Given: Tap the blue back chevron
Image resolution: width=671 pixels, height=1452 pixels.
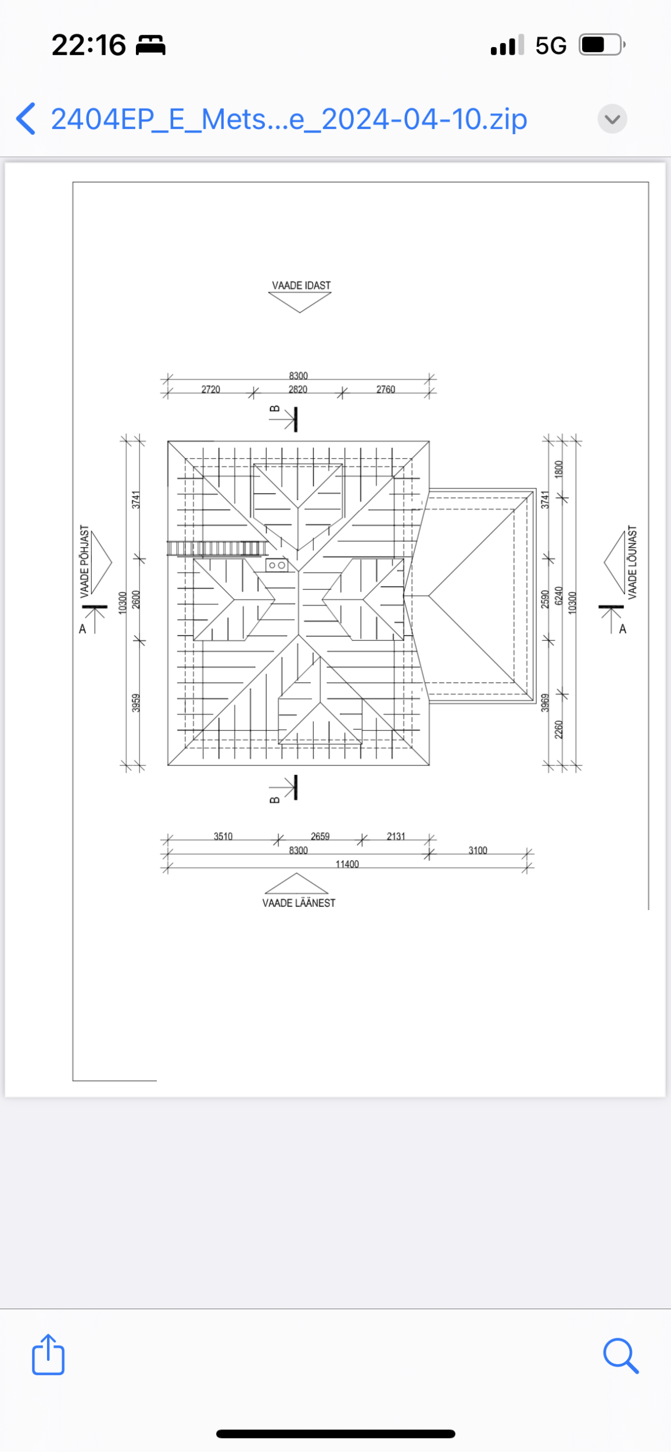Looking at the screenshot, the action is pyautogui.click(x=26, y=119).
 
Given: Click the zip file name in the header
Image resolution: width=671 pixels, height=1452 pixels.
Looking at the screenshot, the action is pyautogui.click(x=289, y=120).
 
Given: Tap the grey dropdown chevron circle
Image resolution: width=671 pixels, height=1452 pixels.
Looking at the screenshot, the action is pyautogui.click(x=612, y=119).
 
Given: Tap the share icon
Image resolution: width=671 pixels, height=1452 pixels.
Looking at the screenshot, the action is pyautogui.click(x=48, y=1354).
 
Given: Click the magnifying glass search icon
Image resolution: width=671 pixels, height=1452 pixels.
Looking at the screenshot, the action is pyautogui.click(x=621, y=1356).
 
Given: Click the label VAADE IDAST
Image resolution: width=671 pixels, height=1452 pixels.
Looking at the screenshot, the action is pyautogui.click(x=302, y=285).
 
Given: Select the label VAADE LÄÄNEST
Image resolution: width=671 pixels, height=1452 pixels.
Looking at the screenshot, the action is pyautogui.click(x=299, y=903).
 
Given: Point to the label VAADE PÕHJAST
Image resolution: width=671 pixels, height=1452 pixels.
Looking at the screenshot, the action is pyautogui.click(x=85, y=562).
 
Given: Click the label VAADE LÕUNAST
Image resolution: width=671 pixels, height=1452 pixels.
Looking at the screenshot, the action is pyautogui.click(x=633, y=562).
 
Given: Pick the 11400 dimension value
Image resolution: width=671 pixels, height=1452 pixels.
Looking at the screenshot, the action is pyautogui.click(x=347, y=864).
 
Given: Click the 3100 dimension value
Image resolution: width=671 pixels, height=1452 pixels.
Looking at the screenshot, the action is pyautogui.click(x=478, y=850).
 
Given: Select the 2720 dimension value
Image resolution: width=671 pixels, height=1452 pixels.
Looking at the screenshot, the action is pyautogui.click(x=211, y=389).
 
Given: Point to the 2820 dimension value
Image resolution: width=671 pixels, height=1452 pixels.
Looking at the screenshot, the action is pyautogui.click(x=298, y=389).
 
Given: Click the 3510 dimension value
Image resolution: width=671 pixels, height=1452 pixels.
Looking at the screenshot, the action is pyautogui.click(x=223, y=836).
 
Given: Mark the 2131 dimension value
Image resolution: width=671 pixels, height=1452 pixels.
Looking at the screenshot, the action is pyautogui.click(x=396, y=836).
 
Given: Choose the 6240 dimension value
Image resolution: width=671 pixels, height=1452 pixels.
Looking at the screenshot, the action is pyautogui.click(x=559, y=595).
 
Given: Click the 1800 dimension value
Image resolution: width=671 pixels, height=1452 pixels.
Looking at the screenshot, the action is pyautogui.click(x=559, y=469).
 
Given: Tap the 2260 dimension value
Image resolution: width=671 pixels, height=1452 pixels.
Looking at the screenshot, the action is pyautogui.click(x=559, y=729).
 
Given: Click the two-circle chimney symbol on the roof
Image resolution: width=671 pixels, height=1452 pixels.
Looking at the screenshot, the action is pyautogui.click(x=277, y=565).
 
